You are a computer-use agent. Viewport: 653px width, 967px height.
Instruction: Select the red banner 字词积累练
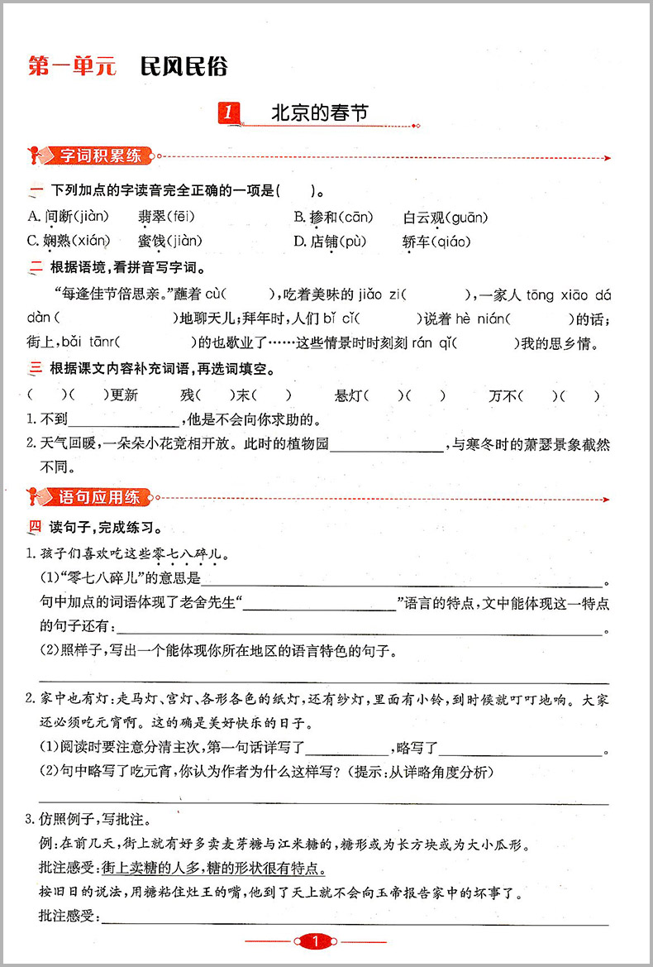(x=100, y=156)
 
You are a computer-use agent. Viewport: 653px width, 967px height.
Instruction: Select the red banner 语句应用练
(x=100, y=497)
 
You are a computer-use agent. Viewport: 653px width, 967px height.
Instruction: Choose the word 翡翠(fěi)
(x=164, y=218)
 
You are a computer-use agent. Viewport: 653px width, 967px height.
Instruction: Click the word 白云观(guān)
(x=446, y=218)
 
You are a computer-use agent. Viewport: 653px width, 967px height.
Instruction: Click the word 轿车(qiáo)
(x=436, y=242)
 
